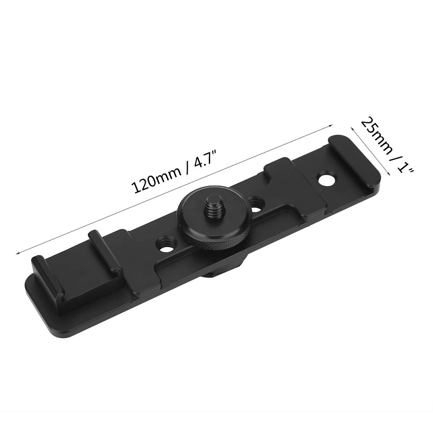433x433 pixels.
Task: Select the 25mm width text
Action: tap(376, 135)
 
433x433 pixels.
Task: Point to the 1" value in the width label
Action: tap(404, 163)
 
